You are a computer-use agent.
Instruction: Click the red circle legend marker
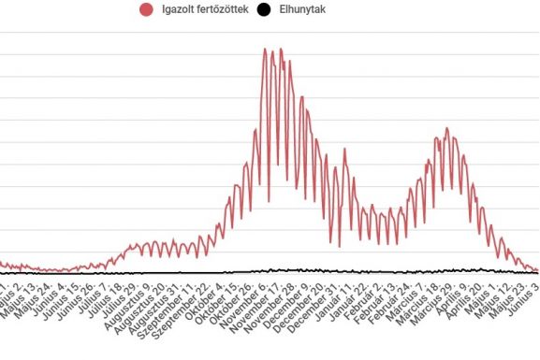(x=146, y=10)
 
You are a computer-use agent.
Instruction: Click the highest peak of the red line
(x=280, y=49)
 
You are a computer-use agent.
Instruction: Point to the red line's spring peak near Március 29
(x=447, y=128)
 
